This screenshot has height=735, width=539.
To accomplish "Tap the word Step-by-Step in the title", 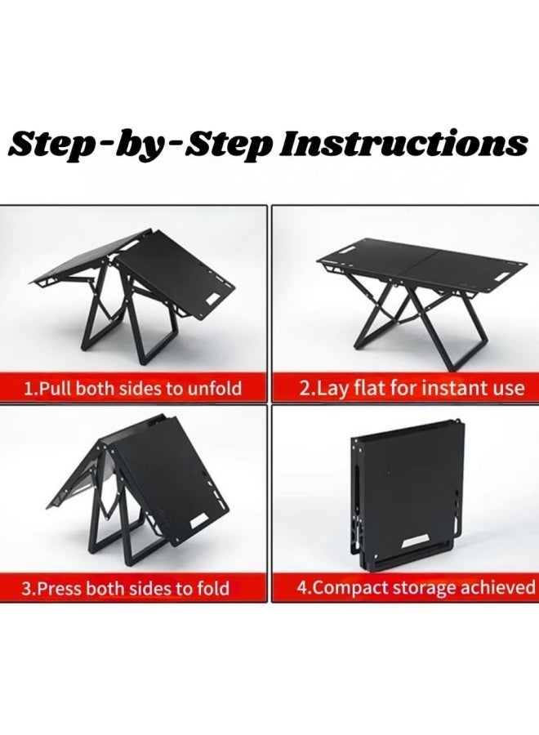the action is point(140,145).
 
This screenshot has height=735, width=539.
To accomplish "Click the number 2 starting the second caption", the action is point(304,389).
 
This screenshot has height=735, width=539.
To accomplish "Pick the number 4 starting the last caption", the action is point(302,587).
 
